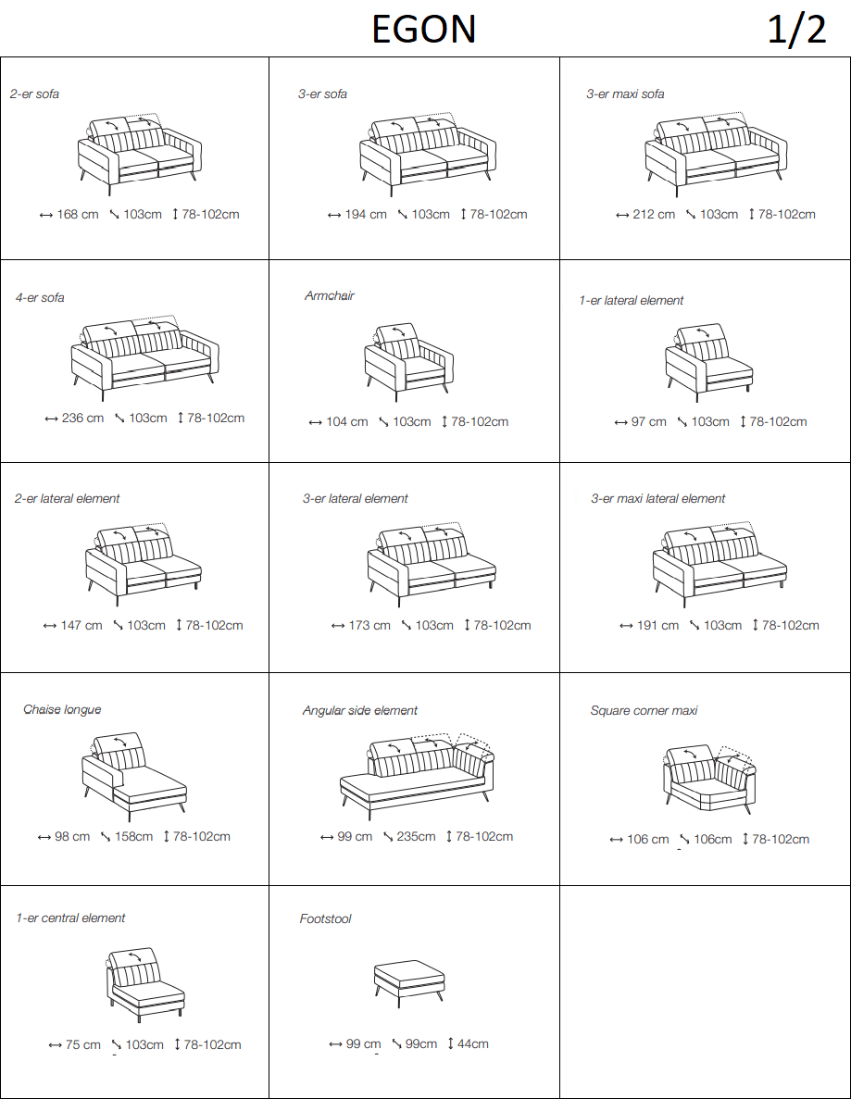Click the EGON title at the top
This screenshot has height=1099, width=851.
pyautogui.click(x=423, y=30)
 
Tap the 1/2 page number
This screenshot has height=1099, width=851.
pyautogui.click(x=797, y=31)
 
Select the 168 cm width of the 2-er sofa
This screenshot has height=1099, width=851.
pyautogui.click(x=78, y=215)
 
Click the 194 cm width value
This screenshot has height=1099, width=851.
pyautogui.click(x=366, y=215)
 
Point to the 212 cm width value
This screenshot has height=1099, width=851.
pyautogui.click(x=654, y=215)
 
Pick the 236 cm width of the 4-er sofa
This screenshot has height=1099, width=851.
pyautogui.click(x=82, y=418)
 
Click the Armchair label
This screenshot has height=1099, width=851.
pyautogui.click(x=330, y=295)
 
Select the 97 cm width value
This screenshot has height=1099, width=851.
pyautogui.click(x=648, y=422)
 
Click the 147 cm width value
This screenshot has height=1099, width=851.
pyautogui.click(x=81, y=625)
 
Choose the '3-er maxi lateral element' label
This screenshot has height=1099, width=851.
pyautogui.click(x=658, y=498)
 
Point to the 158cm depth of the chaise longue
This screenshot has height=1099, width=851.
pyautogui.click(x=134, y=837)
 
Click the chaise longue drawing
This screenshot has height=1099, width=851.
pyautogui.click(x=134, y=777)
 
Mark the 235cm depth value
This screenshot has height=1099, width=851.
pyautogui.click(x=416, y=837)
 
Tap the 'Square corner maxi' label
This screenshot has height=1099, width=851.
pyautogui.click(x=645, y=711)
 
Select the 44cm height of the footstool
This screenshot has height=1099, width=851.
pyautogui.click(x=473, y=1044)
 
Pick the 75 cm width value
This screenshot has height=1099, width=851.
pyautogui.click(x=82, y=1045)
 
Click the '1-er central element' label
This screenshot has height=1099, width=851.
pyautogui.click(x=70, y=918)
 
